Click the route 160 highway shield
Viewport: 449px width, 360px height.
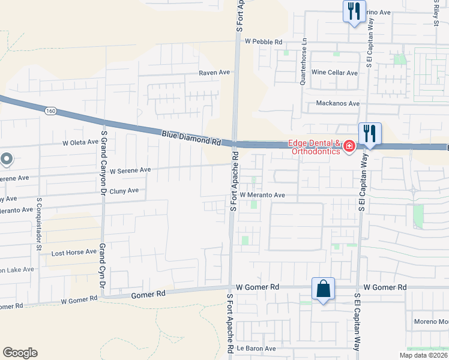point(50,112)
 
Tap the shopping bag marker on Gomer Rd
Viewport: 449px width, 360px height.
point(324,289)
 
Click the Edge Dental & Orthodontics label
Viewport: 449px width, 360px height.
point(315,147)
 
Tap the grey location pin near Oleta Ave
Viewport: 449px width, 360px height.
point(7,159)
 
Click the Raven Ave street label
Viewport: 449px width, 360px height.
point(215,73)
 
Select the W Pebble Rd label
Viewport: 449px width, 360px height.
point(264,42)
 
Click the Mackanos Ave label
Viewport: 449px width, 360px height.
point(337,104)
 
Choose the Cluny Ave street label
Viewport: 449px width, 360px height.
point(124,191)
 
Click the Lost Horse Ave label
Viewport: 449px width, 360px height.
point(74,252)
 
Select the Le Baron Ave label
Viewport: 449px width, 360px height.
point(256,348)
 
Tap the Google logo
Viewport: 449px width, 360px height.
point(20,353)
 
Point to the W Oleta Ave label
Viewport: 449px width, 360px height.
point(80,143)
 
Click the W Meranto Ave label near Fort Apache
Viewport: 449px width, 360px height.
point(262,195)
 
